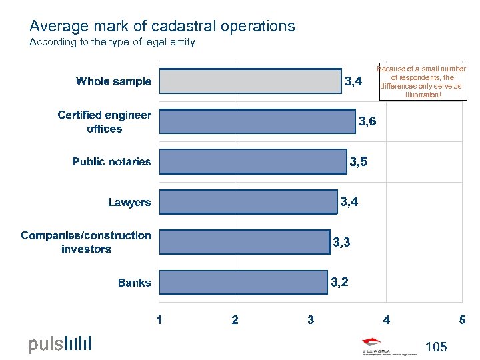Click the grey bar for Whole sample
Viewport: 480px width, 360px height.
250,81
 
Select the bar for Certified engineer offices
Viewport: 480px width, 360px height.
257,121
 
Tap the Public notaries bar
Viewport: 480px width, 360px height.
253,161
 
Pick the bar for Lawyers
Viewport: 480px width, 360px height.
249,202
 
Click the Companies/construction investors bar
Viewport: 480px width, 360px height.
245,242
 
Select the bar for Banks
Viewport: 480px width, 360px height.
244,283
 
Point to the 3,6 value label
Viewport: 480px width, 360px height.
367,121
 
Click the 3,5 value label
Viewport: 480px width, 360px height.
358,161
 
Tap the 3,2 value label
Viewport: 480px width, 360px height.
339,283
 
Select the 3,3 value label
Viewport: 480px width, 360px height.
341,243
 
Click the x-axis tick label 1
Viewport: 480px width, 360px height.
159,320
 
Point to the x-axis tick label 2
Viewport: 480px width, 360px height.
235,320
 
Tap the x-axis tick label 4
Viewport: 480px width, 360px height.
387,320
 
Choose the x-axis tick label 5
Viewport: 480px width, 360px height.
462,320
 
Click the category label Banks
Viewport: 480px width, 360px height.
134,283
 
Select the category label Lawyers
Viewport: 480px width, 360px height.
129,202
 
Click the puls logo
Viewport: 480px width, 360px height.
60,344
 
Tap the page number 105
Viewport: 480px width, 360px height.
435,347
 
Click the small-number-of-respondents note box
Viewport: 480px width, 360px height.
423,82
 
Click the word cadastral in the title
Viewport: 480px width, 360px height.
189,27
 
